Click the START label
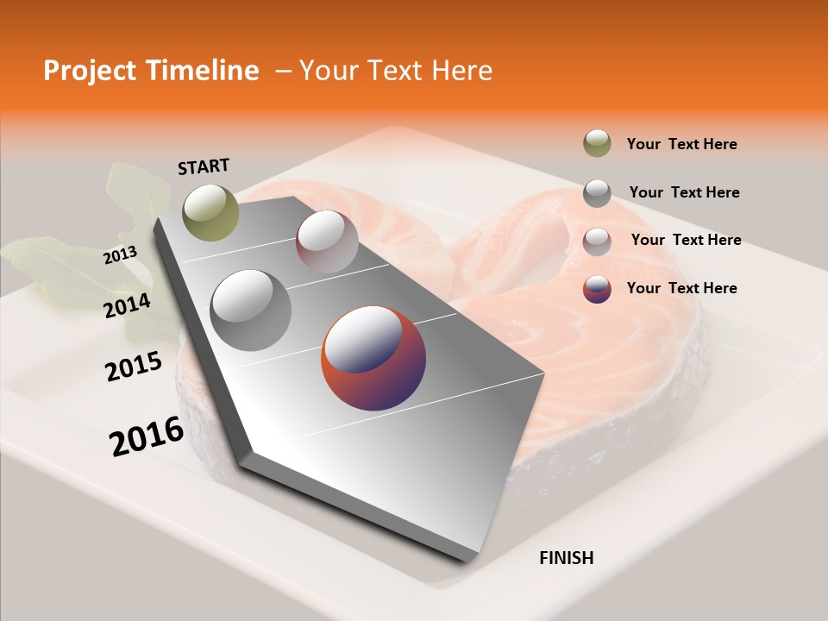pyautogui.click(x=204, y=166)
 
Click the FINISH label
pyautogui.click(x=566, y=558)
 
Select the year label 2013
pyautogui.click(x=120, y=255)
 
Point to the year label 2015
pyautogui.click(x=133, y=367)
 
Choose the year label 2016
pyautogui.click(x=146, y=436)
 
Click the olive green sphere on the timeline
pyautogui.click(x=210, y=212)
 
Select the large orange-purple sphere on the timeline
pyautogui.click(x=373, y=358)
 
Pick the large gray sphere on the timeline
pyautogui.click(x=251, y=310)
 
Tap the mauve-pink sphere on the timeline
pyautogui.click(x=327, y=241)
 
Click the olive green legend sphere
pyautogui.click(x=597, y=144)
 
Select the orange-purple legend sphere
pyautogui.click(x=597, y=289)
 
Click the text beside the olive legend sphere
pyautogui.click(x=681, y=145)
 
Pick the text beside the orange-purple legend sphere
pyautogui.click(x=681, y=288)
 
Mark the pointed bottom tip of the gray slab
pyautogui.click(x=470, y=559)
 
